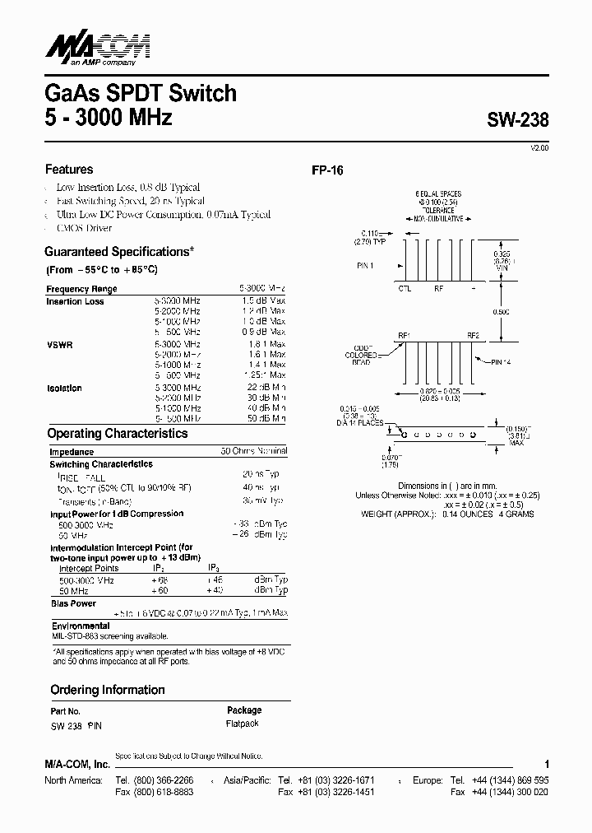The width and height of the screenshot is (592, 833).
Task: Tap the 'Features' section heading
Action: pyautogui.click(x=69, y=170)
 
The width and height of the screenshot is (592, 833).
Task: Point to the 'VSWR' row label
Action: pyautogui.click(x=59, y=345)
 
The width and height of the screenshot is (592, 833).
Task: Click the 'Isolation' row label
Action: pyautogui.click(x=64, y=388)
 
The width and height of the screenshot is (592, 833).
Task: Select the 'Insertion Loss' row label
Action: pyautogui.click(x=75, y=302)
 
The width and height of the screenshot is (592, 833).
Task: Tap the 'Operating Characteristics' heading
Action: pyautogui.click(x=118, y=433)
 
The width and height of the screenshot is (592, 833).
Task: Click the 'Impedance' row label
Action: pyautogui.click(x=72, y=452)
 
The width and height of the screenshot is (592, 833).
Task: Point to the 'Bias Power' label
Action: pyautogui.click(x=73, y=603)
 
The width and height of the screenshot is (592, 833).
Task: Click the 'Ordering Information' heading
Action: pyautogui.click(x=108, y=690)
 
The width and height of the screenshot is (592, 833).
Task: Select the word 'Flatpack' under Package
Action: pyautogui.click(x=242, y=724)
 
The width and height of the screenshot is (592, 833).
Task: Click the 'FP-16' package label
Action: pyautogui.click(x=326, y=171)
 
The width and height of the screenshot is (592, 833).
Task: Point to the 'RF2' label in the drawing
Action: pyautogui.click(x=473, y=335)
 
